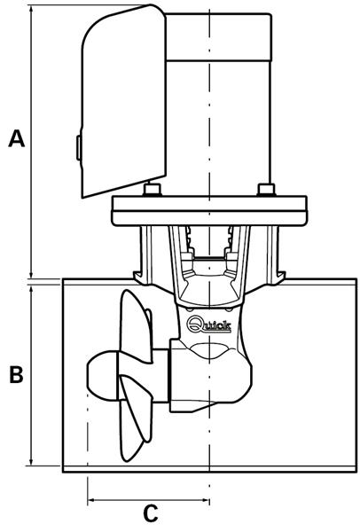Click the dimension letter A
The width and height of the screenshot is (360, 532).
17,138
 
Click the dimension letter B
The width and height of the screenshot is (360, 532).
16,374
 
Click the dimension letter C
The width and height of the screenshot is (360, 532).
151,513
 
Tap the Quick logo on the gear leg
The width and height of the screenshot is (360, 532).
208,325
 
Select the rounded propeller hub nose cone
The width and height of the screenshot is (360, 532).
102,375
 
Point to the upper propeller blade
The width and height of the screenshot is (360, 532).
137,325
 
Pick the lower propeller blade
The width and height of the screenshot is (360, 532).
136,418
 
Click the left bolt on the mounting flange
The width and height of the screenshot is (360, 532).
152,190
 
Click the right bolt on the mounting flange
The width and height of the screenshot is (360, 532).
266,190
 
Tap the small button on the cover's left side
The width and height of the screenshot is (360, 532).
78,147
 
